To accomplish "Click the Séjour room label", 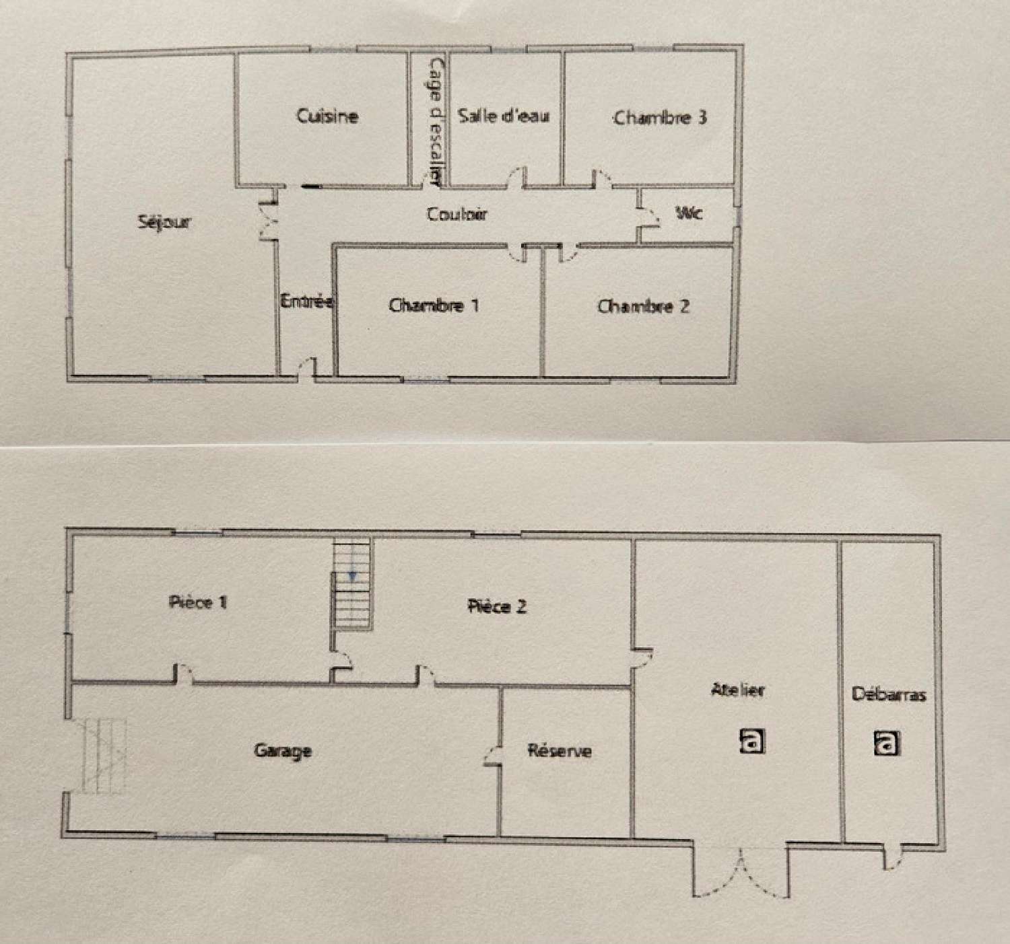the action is click(x=165, y=223).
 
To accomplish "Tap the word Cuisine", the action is click(x=327, y=116).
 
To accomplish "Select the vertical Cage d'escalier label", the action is click(x=434, y=121).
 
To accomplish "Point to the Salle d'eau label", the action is click(x=504, y=116).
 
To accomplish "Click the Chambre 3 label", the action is click(x=660, y=118).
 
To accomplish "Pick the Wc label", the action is click(x=689, y=213).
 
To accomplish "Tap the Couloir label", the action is click(x=457, y=214).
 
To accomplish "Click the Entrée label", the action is click(x=307, y=301).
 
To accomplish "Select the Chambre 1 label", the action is click(x=434, y=305).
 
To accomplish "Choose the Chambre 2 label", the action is click(x=643, y=307).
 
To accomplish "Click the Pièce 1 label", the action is click(x=198, y=602).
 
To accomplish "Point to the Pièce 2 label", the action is click(x=497, y=606).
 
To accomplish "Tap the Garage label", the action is click(x=283, y=751).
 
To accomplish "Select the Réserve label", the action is click(x=560, y=751).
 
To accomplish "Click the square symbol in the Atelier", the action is click(x=752, y=741).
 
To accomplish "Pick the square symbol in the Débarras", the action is click(x=887, y=743).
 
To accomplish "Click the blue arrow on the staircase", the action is click(x=351, y=577).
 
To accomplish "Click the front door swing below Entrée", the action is click(x=306, y=368).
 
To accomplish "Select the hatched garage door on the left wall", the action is click(x=104, y=756).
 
